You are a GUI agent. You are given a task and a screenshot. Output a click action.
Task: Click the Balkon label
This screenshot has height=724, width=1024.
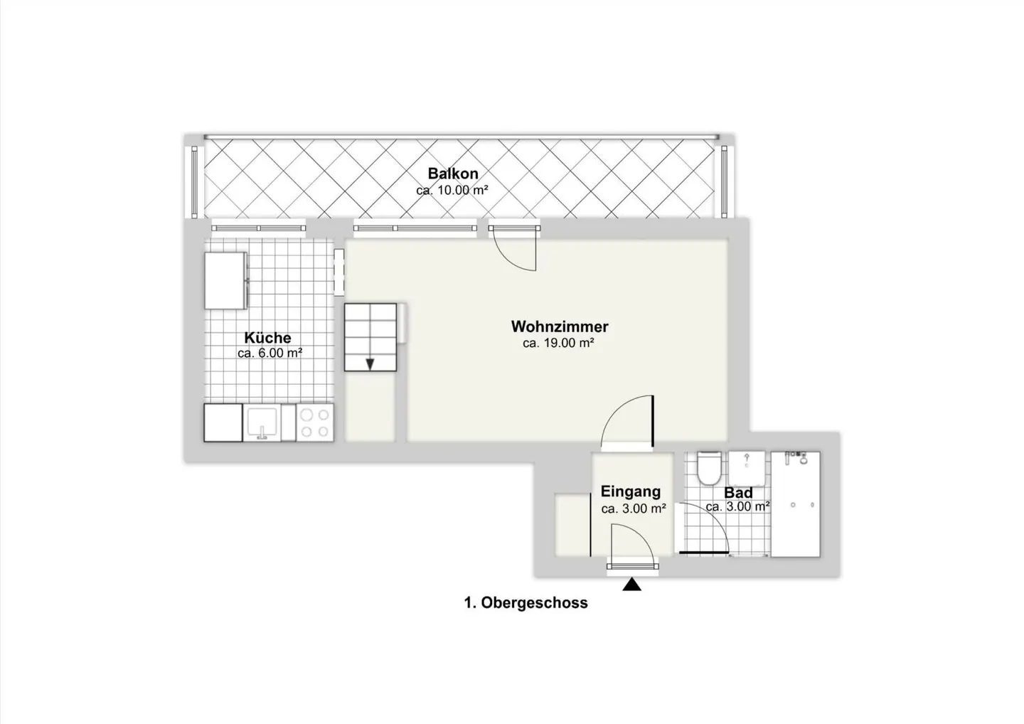tap(452, 174)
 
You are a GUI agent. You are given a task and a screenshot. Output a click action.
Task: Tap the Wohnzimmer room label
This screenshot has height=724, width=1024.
tap(560, 326)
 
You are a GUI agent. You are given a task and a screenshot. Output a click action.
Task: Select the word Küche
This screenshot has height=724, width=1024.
tap(267, 337)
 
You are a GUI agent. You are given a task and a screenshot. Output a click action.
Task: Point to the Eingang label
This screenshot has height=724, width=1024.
tap(630, 491)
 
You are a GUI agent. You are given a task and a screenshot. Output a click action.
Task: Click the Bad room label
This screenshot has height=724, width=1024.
tap(738, 493)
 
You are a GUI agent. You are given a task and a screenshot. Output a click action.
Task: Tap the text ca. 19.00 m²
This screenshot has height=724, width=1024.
tap(558, 343)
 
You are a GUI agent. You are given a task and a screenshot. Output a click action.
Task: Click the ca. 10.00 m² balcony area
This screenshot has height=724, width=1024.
tap(452, 190)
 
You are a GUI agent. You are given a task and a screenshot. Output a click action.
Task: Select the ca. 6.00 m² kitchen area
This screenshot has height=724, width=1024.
tap(270, 353)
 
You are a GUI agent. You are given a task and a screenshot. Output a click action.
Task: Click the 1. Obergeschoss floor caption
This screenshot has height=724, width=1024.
tap(526, 602)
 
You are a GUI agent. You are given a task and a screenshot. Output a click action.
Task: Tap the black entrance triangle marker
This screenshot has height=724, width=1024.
tap(631, 585)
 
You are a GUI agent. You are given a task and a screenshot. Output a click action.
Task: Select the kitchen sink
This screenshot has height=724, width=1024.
tap(262, 422)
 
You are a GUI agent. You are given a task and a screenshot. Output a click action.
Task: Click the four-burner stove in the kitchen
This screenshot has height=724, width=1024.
tap(315, 422)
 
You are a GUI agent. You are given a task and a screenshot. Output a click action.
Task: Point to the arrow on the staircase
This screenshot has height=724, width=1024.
tap(370, 364)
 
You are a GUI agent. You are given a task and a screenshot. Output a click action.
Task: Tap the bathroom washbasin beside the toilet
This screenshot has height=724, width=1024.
tap(747, 469)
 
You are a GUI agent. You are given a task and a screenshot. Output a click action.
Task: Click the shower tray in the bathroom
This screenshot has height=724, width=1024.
tap(796, 504)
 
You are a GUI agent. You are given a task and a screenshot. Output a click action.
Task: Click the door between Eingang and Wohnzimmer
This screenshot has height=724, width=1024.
tap(627, 421)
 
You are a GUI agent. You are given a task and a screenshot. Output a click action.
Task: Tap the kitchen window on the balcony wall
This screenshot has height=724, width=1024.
tap(258, 228)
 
